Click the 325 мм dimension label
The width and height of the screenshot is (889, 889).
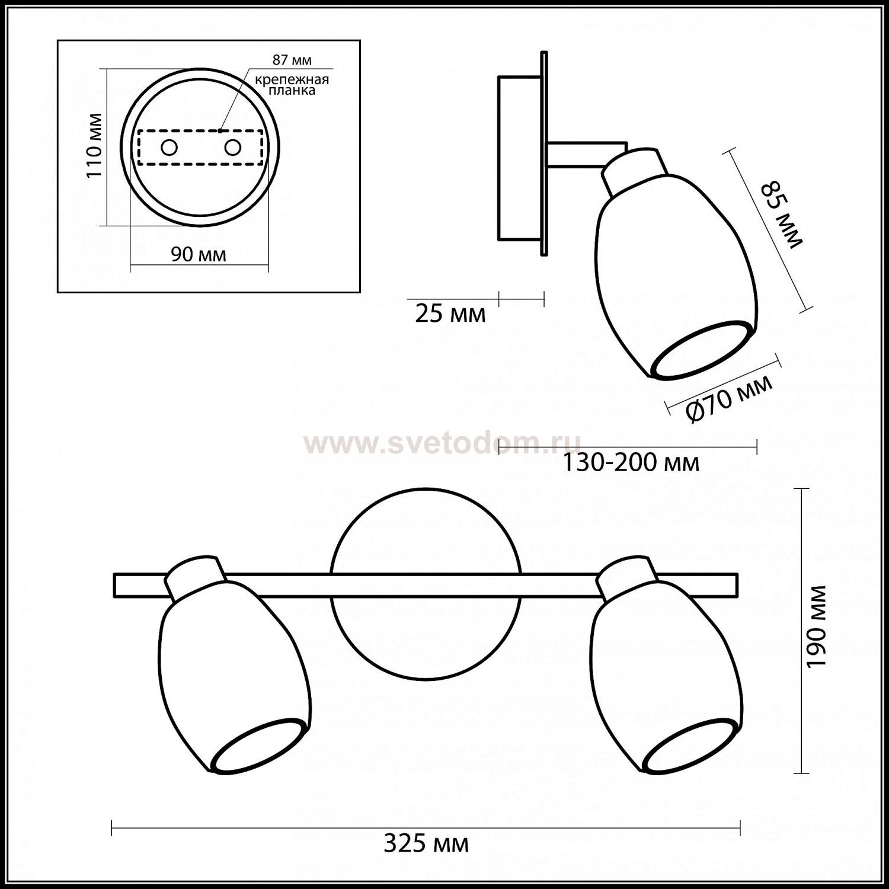coord(426,843)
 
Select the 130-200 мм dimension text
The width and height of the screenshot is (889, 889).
coord(630,462)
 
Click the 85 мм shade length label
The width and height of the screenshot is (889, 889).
coord(781,213)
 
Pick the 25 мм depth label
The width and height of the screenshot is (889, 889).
coord(450,314)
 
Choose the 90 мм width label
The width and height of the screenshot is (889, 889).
coord(199,254)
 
